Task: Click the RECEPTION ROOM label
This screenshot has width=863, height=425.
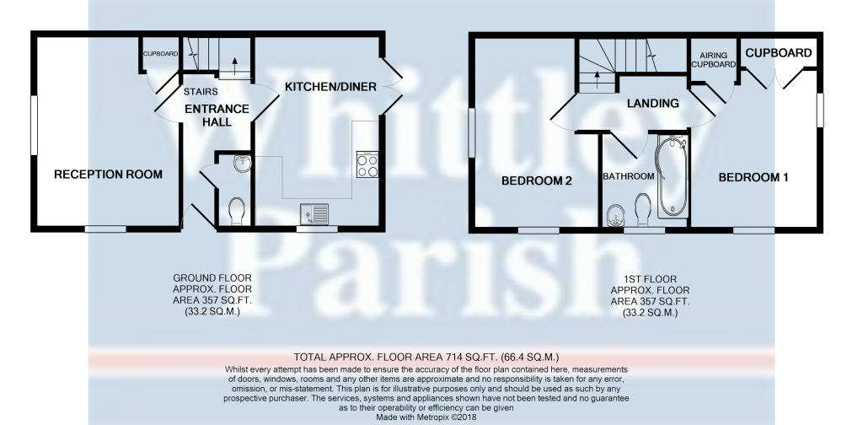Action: tap(108, 175)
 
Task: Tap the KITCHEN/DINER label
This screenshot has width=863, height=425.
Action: tap(330, 86)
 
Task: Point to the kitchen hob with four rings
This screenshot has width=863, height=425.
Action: tap(367, 164)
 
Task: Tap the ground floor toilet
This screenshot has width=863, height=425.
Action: tap(236, 211)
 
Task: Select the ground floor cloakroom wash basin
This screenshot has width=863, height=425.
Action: tap(241, 164)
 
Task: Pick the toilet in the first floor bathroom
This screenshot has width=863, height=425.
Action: tap(642, 209)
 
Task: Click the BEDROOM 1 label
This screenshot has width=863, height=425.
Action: tap(753, 177)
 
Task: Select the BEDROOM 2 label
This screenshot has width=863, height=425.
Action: tap(537, 180)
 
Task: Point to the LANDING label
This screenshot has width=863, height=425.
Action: tap(652, 103)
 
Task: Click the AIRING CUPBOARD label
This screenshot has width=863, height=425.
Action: tap(713, 60)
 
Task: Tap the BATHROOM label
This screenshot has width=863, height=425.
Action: tap(629, 177)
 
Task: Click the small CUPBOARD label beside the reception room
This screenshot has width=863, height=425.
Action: tap(160, 54)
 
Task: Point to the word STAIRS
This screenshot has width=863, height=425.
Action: tap(201, 92)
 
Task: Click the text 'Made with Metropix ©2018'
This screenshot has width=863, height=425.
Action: tap(426, 418)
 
